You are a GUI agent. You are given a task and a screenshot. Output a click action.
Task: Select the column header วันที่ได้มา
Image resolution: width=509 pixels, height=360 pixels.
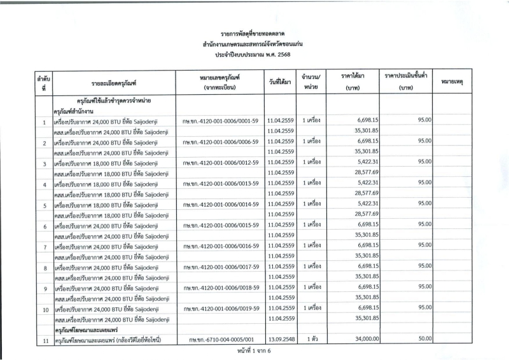[x=280, y=82]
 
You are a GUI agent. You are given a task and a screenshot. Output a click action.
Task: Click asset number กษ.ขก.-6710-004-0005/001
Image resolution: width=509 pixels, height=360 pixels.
[x=218, y=340]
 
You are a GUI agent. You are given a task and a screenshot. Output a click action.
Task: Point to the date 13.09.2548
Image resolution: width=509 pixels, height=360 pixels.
[x=280, y=340]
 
